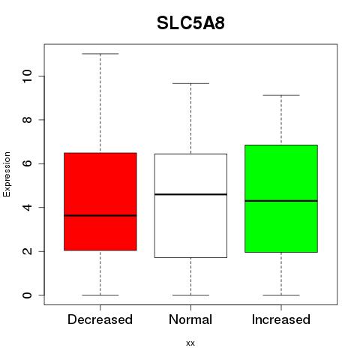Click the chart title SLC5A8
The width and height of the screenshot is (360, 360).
coord(190,23)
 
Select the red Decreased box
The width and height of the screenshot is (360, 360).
coord(100,202)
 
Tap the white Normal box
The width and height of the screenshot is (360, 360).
coord(190,205)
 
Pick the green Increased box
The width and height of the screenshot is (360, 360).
coord(281,199)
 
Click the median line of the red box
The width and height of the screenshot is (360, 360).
coord(100,215)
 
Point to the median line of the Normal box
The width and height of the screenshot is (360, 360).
coord(190,194)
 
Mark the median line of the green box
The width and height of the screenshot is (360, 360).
coord(281,201)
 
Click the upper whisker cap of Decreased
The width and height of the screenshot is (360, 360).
coord(100,54)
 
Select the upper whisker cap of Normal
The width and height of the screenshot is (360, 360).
coord(190,83)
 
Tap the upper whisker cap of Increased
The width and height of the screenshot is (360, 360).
coord(281,95)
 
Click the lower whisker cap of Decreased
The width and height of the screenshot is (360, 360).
coord(100,295)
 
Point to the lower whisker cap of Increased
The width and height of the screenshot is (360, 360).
coord(281,295)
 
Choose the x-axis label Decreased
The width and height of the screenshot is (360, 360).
coord(100,319)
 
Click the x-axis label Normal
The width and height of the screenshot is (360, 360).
coord(190,319)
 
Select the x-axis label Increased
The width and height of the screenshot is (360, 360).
coord(281,319)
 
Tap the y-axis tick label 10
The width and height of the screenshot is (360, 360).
coord(27,76)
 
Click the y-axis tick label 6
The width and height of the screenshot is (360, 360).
coord(27,163)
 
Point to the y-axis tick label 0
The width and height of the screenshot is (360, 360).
coord(27,295)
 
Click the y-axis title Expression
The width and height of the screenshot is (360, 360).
coord(7,174)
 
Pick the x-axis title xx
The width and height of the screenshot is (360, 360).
coord(190,343)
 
